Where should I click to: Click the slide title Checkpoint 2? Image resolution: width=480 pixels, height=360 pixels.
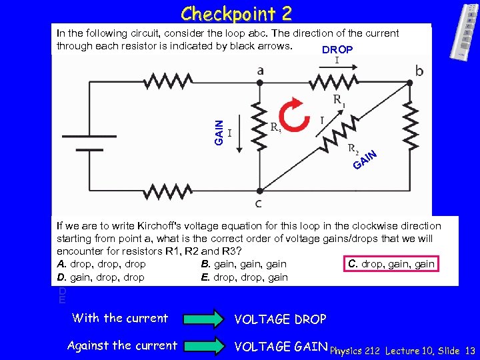coord(236,13)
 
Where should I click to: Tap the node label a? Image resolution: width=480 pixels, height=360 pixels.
coord(260,70)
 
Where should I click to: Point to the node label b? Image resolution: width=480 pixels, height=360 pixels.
coord(419,70)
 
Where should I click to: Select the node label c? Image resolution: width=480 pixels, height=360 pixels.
coord(259,203)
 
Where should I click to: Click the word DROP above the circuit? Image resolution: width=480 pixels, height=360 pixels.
coord(337,50)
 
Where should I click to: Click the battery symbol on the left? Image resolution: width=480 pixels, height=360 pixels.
coord(82,142)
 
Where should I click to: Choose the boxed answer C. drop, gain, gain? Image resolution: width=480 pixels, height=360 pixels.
coord(391,264)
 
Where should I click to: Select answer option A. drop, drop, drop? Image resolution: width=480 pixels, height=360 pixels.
coord(101,264)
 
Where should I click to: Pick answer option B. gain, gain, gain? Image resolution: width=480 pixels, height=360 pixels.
coord(244,264)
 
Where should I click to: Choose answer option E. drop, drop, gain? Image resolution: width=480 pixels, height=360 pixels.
coord(245,277)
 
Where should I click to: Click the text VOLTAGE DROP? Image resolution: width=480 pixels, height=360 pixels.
coord(280,319)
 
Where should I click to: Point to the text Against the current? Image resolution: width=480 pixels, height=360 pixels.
coord(122,345)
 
